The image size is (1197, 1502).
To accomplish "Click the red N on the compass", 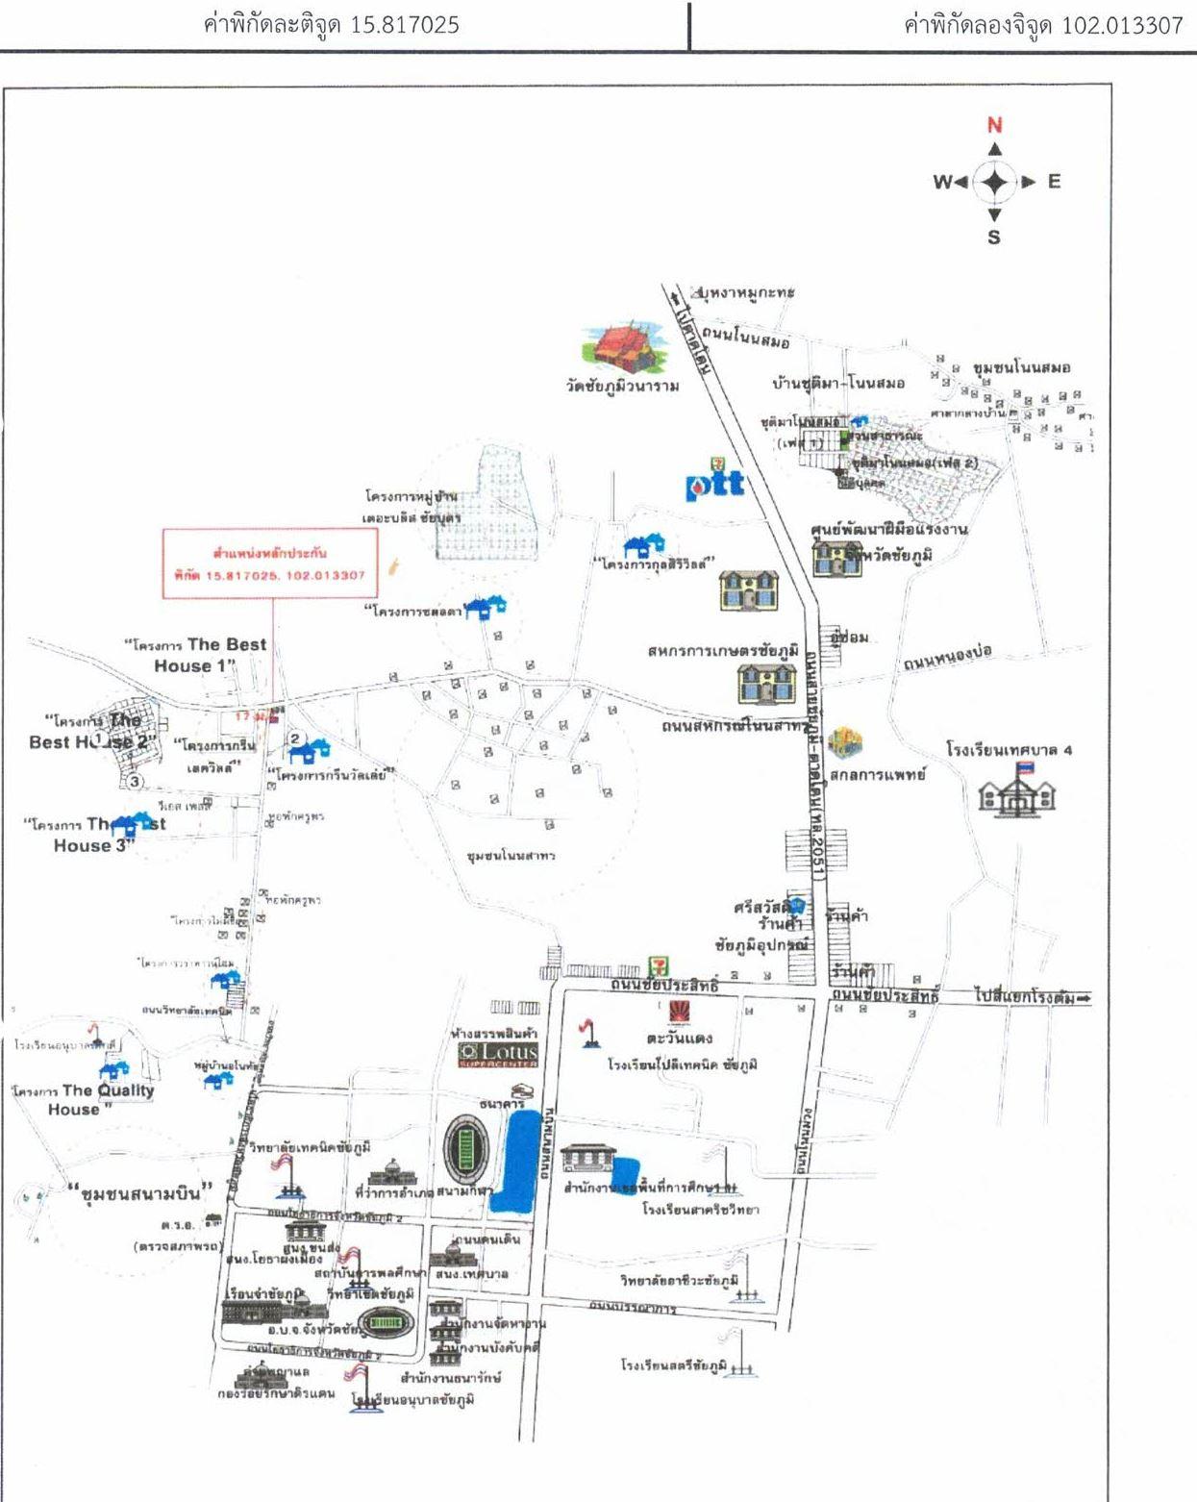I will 995,125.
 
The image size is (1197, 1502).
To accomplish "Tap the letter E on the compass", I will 1054,182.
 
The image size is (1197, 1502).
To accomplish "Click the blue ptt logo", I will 714,484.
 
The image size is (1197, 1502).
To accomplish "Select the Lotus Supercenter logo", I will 498,1055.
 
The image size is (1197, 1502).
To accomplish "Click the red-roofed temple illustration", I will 624,348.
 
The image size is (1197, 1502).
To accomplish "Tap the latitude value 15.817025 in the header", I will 404,25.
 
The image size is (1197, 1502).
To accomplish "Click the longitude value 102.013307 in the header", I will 1122,25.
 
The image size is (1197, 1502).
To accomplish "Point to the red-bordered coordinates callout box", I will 270,563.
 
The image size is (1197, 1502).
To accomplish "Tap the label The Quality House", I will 85,1099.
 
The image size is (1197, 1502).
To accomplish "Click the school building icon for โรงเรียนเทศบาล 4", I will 1016,794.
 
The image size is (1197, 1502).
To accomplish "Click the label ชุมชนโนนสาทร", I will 511,855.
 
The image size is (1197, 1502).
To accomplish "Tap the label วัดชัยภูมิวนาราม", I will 622,386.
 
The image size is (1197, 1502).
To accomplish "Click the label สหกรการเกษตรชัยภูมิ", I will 723,651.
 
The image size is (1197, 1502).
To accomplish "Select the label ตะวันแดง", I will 679,1039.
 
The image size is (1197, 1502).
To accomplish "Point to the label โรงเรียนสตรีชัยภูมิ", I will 673,1365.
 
